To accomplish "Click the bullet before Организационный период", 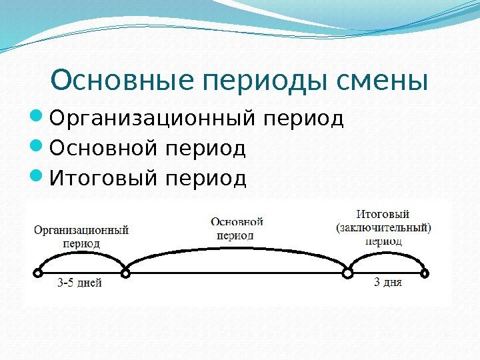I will click(x=38, y=119).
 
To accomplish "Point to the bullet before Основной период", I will click(x=38, y=147).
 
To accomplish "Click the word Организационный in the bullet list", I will click(x=155, y=119).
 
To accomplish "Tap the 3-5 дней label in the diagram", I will click(x=80, y=283).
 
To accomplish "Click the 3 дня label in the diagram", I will click(x=387, y=283).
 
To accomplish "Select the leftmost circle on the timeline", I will click(x=37, y=273).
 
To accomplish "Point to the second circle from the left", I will click(x=125, y=273).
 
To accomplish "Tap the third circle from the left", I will click(x=347, y=273).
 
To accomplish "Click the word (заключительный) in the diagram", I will click(x=383, y=227).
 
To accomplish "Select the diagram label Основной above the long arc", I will click(x=237, y=222).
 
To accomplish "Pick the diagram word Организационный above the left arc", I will click(x=81, y=231).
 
